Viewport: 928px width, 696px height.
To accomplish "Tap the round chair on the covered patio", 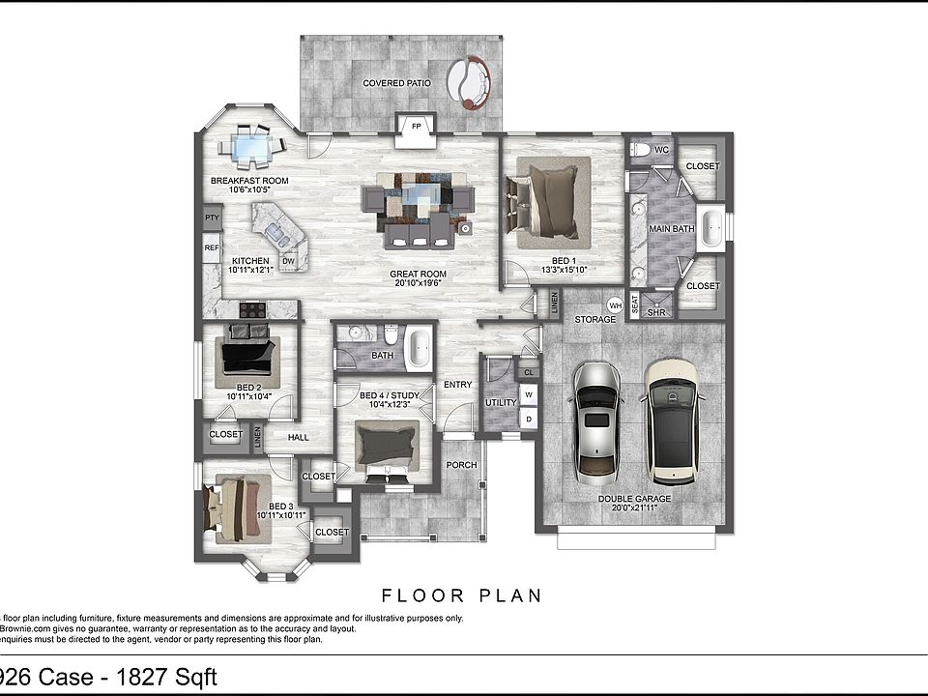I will coord(470,80).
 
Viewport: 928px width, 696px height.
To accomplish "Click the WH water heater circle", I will coord(615,305).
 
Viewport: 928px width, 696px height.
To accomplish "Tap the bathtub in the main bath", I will coord(710,228).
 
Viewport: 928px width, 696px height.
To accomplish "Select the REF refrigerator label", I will coord(212,248).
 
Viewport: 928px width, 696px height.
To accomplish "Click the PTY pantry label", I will coord(212,218).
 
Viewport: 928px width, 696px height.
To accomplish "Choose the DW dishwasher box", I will coord(288,261).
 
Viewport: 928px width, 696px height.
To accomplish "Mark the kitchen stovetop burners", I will coord(253,309).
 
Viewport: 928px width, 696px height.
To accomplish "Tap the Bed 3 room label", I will coord(280,507).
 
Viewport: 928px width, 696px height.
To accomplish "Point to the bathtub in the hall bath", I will coord(419,349).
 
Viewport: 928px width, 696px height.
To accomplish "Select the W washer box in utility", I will coord(528,394).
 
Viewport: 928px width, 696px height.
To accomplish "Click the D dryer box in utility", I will coord(528,418).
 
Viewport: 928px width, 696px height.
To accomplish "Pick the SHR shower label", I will coord(656,312).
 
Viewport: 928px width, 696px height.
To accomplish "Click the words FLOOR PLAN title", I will coord(462,594).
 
